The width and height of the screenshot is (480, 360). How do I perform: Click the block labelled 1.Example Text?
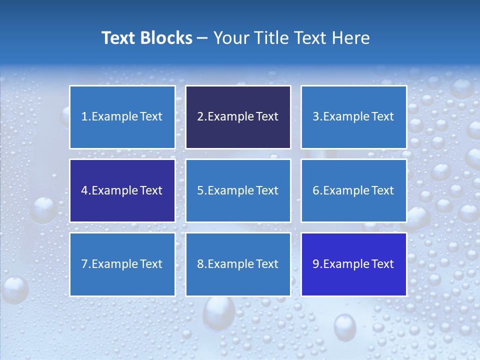122,117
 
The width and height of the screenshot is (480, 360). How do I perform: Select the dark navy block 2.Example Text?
238,117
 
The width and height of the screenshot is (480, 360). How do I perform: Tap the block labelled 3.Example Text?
353,117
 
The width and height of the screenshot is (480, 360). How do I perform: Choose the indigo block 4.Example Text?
122,190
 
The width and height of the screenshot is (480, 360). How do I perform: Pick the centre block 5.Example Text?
238,190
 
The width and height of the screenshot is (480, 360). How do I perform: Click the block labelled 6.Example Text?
353,190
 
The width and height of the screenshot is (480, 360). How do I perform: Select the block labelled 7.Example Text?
122,264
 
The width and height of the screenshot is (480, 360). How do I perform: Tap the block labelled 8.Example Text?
238,264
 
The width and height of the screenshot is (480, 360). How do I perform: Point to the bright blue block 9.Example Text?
353,264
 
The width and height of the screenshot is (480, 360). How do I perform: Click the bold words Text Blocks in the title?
146,38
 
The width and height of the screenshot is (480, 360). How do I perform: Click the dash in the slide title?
202,38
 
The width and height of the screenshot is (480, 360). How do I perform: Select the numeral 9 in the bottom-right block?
316,264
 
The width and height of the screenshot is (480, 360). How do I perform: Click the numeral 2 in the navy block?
200,117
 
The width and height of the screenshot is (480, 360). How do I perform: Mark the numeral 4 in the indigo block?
84,190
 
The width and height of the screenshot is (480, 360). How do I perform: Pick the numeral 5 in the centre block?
200,190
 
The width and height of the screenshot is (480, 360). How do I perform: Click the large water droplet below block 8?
218,312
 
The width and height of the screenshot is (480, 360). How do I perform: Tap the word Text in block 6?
382,190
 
